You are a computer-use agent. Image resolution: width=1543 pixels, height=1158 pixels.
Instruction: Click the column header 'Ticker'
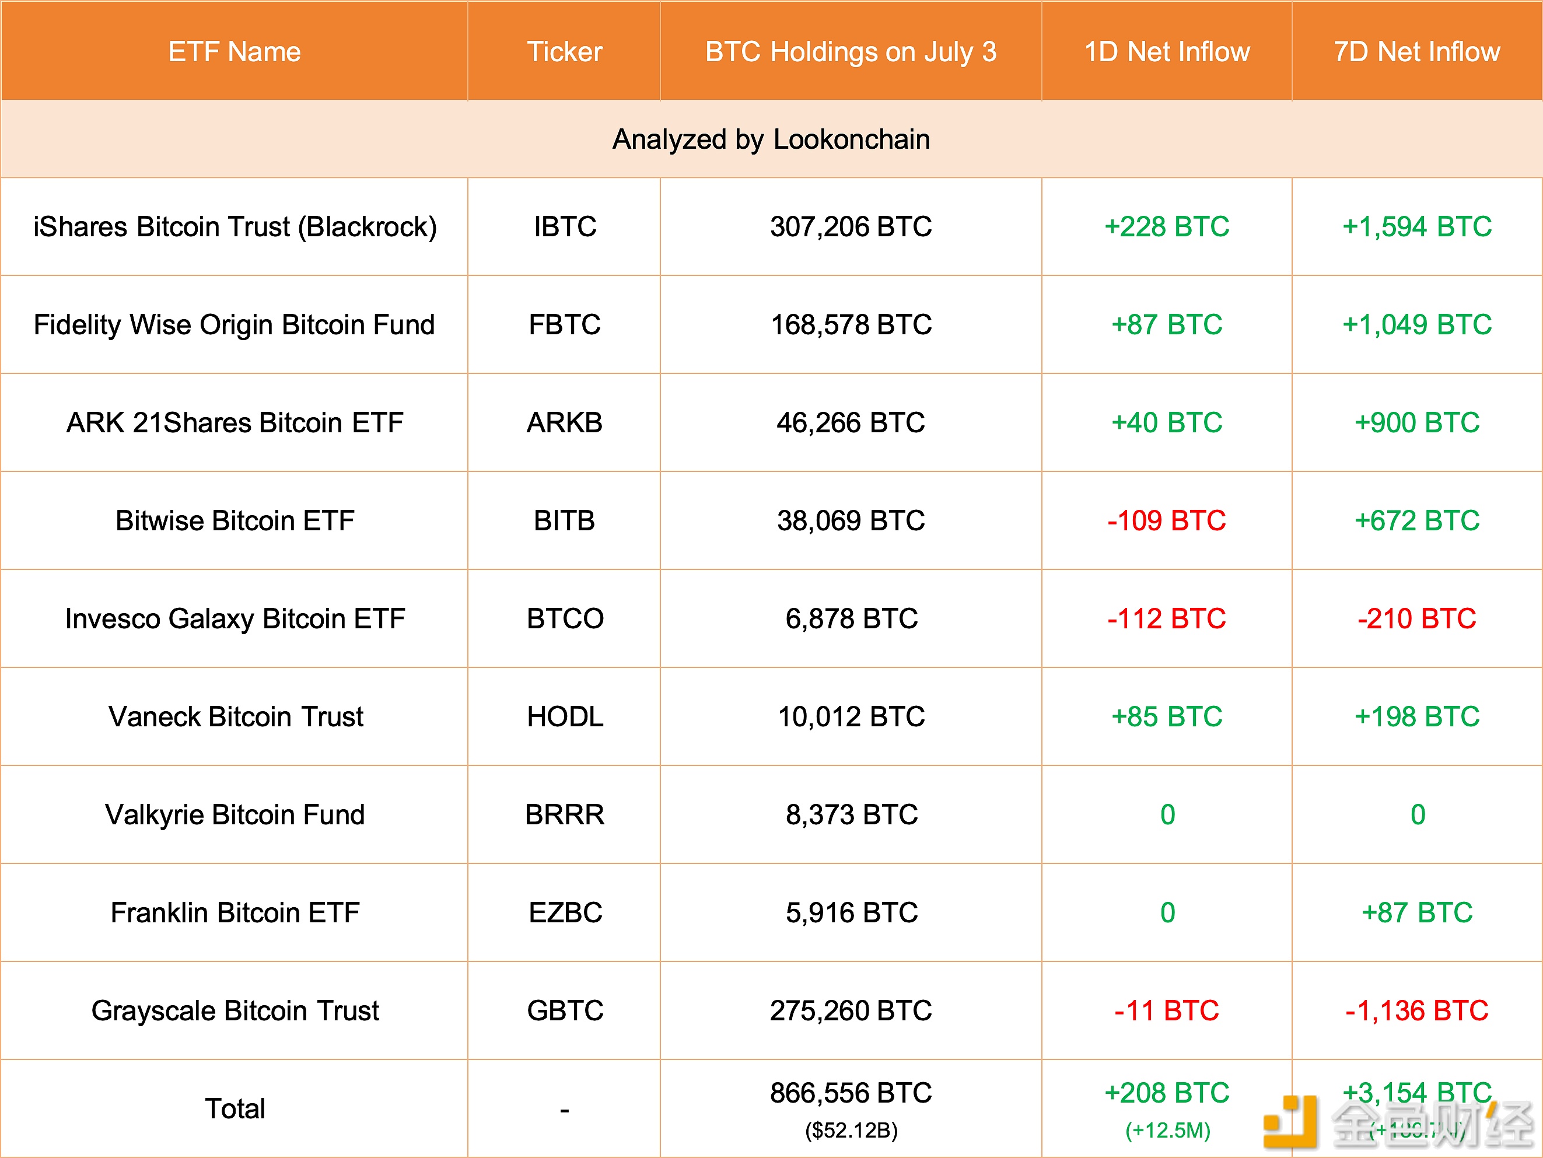(564, 51)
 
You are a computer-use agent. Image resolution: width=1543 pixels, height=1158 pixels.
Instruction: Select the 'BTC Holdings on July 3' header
(851, 51)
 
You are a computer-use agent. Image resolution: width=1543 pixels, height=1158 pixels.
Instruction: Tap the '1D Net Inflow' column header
(1166, 51)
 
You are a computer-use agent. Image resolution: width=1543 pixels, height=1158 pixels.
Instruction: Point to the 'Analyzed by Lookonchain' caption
(771, 139)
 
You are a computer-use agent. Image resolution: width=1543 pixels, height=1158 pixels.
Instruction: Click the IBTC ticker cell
(564, 227)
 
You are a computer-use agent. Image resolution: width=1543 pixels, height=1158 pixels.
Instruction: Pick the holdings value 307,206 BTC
(851, 227)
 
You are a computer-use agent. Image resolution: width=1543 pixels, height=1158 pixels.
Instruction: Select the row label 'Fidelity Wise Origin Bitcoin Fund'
(235, 325)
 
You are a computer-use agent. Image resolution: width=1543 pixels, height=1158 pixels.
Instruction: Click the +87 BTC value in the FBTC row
(1166, 325)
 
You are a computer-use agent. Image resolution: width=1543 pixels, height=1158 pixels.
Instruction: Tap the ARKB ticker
(564, 423)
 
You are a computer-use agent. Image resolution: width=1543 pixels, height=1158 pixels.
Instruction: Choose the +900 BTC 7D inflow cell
(1417, 423)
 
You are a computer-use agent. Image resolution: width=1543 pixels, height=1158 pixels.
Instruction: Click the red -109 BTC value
(1166, 521)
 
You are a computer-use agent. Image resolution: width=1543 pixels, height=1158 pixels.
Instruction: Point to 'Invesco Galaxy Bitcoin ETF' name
(235, 619)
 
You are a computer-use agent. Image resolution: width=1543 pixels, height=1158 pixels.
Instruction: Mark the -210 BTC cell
(1417, 619)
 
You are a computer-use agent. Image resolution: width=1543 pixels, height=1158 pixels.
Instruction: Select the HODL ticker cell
(564, 717)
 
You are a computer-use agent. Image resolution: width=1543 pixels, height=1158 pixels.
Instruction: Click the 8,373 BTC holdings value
(851, 815)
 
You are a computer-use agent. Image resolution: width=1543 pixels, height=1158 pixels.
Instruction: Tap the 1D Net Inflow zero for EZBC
(1167, 913)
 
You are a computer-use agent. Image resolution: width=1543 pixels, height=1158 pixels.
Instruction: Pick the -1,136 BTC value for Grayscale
(1417, 1011)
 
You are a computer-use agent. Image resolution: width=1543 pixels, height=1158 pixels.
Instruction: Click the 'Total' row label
(235, 1108)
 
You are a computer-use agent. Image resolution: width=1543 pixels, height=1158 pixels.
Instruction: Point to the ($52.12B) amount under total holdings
(851, 1130)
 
